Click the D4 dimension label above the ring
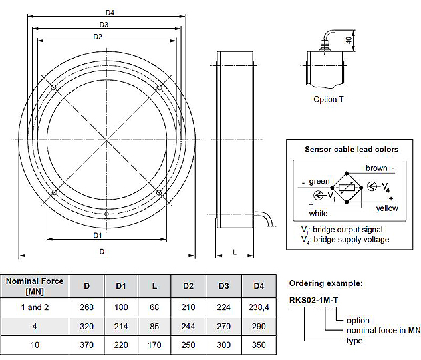(110, 13)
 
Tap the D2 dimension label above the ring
(98, 37)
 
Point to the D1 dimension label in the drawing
(98, 236)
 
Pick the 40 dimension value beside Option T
(348, 40)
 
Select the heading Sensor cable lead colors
(352, 149)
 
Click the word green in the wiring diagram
(319, 181)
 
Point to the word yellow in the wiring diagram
(386, 208)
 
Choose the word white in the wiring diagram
(318, 213)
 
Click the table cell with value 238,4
(259, 307)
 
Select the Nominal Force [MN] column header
(35, 286)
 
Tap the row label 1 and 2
(35, 307)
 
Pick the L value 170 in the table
(155, 345)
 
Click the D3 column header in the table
(224, 286)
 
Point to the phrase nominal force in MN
(383, 331)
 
